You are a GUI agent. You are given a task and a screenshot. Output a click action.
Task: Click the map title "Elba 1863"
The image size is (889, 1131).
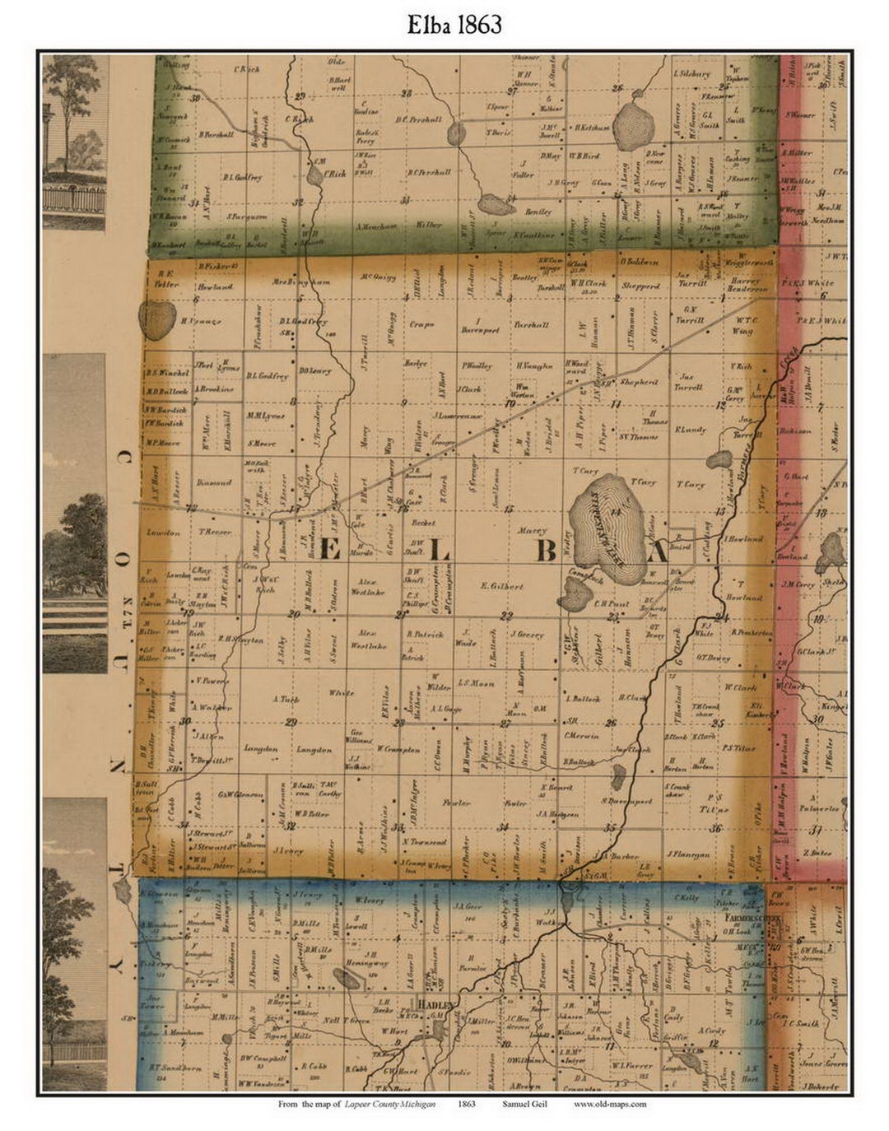tap(454, 25)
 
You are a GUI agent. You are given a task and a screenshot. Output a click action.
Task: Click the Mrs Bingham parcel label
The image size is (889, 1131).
tap(296, 282)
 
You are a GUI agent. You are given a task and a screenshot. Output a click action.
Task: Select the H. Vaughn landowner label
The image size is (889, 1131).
tap(535, 365)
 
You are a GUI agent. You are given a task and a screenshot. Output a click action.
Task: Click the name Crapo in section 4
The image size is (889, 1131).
tap(421, 324)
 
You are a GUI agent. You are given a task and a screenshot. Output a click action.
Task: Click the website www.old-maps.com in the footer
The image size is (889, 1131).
tap(610, 1104)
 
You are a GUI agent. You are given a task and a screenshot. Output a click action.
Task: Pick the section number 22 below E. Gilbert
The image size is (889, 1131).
tap(507, 615)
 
